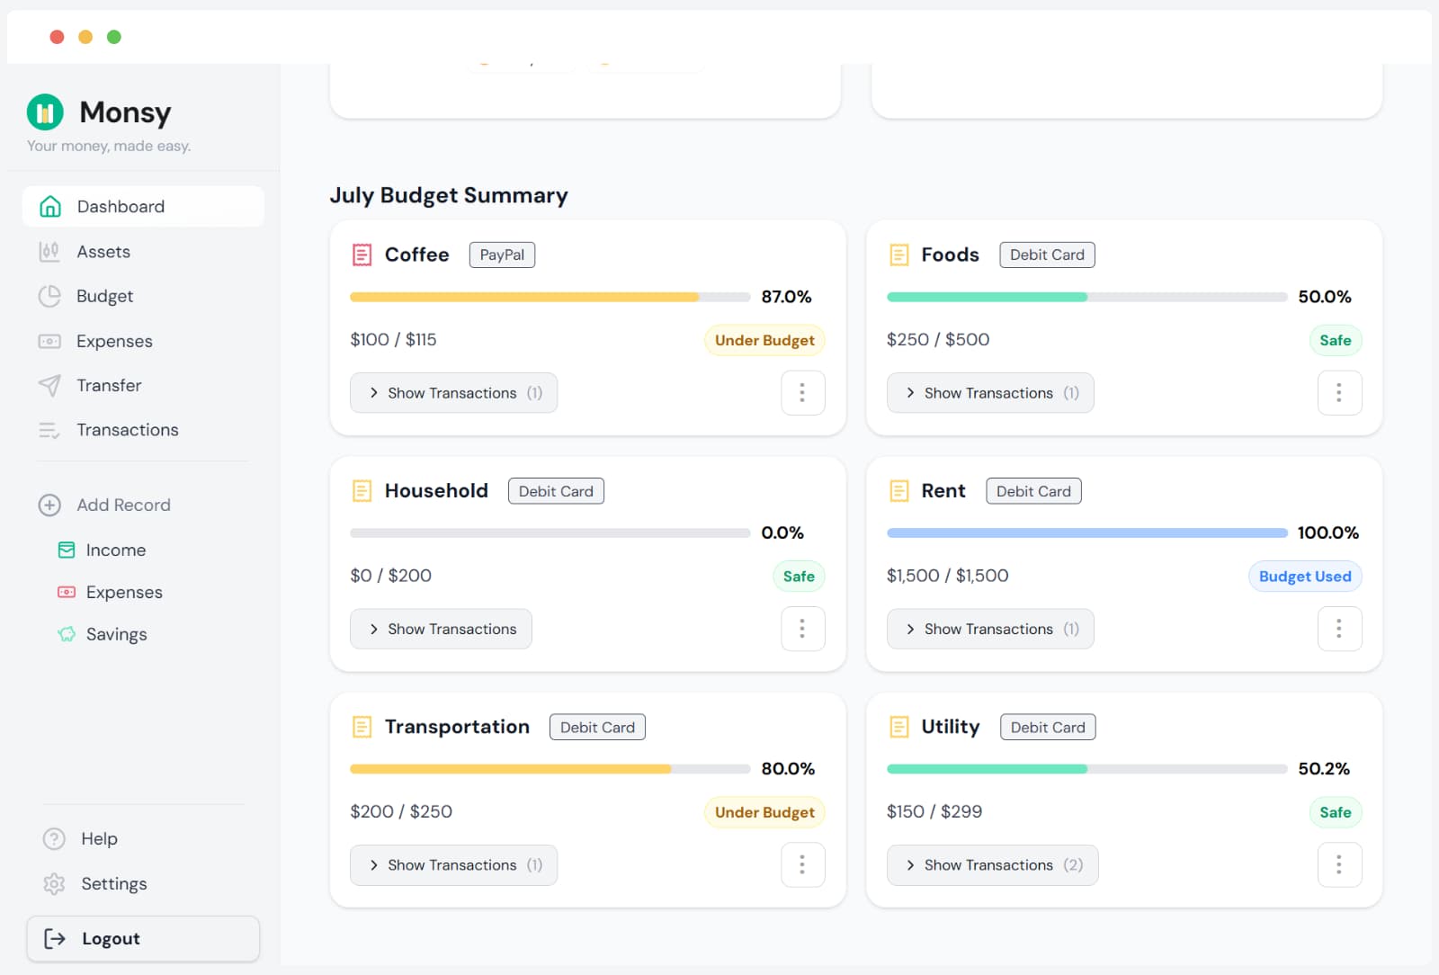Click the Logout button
click(142, 938)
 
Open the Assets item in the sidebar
click(103, 252)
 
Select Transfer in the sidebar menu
click(108, 385)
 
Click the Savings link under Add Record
click(115, 634)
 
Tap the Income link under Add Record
click(114, 550)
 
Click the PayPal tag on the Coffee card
click(502, 255)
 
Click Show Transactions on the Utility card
click(991, 864)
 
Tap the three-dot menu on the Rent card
click(1339, 629)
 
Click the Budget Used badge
click(1304, 577)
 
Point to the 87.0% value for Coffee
click(786, 297)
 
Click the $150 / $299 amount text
click(934, 811)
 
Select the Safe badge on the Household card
click(798, 577)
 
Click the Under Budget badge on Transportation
click(764, 812)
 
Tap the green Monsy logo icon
click(45, 112)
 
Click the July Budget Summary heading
click(448, 195)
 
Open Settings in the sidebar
click(113, 883)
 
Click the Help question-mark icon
click(54, 838)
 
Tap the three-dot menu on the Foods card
click(1339, 393)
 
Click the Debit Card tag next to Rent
click(1033, 491)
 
